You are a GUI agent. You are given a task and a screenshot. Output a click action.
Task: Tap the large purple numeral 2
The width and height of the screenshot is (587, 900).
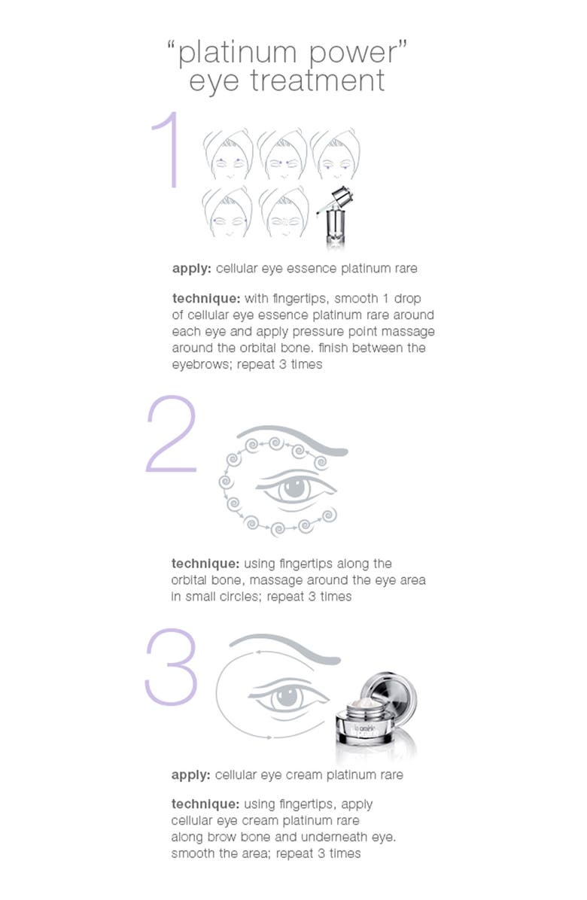171,434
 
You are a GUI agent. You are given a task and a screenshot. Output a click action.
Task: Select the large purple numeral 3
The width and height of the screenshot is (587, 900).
171,667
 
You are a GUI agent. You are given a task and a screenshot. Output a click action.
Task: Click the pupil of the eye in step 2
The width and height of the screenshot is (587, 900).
294,487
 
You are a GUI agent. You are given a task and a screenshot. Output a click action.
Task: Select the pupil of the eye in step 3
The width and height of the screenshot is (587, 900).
287,697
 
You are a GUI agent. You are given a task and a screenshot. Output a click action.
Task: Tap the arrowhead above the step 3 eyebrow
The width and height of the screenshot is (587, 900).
259,652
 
